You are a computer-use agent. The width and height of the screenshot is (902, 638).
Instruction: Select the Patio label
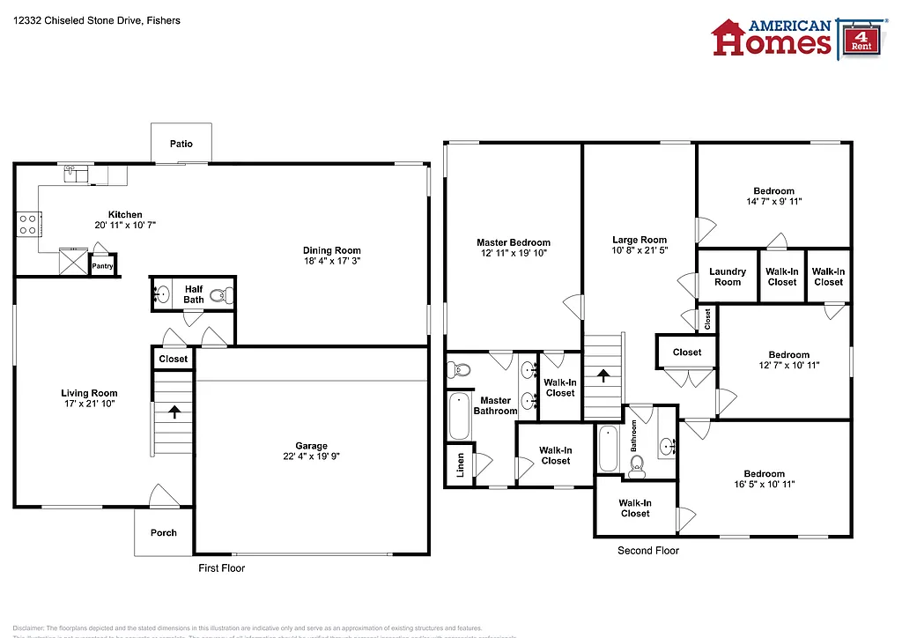click(181, 144)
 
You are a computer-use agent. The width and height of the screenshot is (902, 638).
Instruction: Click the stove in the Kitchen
click(27, 224)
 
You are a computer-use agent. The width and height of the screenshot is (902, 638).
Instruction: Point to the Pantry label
click(103, 265)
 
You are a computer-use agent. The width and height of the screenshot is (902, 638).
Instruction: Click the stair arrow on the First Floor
click(174, 411)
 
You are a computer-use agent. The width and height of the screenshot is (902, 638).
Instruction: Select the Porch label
click(163, 532)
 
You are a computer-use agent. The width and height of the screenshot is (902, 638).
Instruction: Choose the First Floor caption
click(221, 568)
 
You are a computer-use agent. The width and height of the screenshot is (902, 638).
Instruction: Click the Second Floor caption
click(647, 550)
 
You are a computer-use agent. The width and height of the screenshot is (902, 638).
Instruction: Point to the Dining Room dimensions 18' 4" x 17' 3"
click(332, 262)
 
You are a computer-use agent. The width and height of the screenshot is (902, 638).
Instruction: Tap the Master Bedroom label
click(514, 242)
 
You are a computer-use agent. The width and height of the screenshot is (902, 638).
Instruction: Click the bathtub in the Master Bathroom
click(459, 416)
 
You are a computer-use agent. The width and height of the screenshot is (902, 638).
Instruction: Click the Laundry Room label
click(727, 277)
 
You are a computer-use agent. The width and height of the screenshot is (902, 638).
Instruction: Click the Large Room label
click(640, 240)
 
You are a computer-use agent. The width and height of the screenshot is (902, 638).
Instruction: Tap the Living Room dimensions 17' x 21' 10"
click(89, 404)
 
